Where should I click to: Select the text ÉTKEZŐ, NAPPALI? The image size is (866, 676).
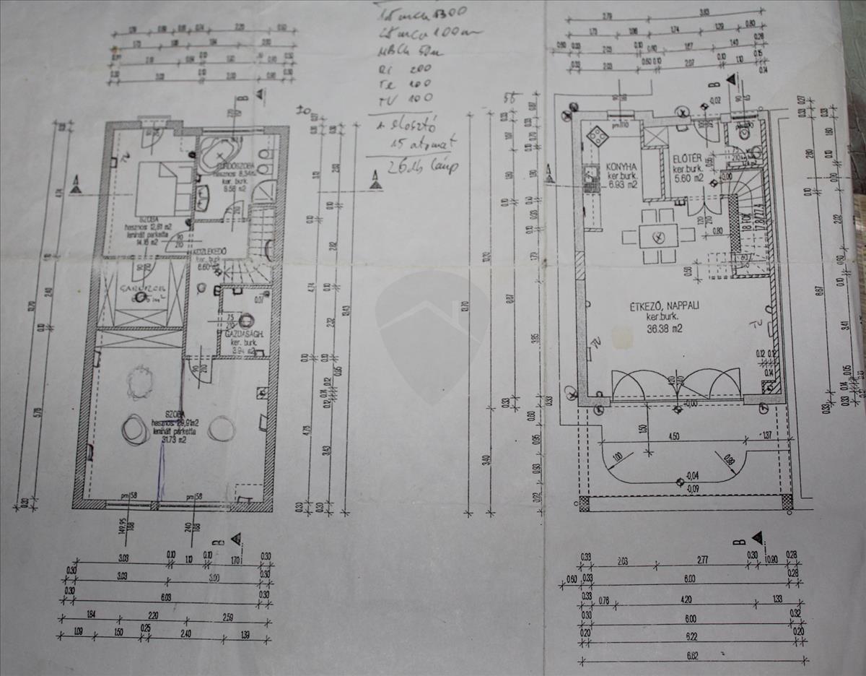click(x=663, y=305)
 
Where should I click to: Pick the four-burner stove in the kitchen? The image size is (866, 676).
click(x=598, y=136)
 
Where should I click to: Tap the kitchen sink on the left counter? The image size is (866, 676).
click(x=591, y=174)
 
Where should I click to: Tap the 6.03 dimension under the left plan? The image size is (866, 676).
click(x=166, y=598)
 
